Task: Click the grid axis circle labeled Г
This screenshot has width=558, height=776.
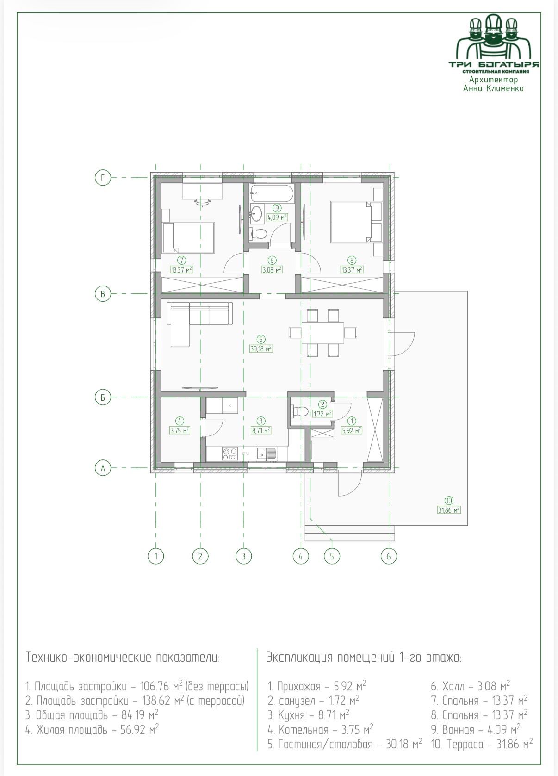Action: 103,178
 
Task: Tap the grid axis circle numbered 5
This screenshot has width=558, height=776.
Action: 332,556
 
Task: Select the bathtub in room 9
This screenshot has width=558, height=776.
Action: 272,193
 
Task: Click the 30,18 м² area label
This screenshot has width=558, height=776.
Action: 261,348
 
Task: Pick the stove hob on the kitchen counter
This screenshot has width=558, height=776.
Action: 229,453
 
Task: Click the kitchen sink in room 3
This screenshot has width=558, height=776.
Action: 267,453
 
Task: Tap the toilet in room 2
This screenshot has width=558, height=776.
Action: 300,411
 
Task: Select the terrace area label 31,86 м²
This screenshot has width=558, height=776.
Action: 449,510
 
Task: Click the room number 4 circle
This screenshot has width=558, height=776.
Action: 180,421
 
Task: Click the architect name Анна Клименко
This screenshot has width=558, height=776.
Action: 494,89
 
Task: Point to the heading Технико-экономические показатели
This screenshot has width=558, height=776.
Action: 123,657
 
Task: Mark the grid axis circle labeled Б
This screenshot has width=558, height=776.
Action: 103,397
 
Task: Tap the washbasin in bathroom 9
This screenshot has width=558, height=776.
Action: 257,213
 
